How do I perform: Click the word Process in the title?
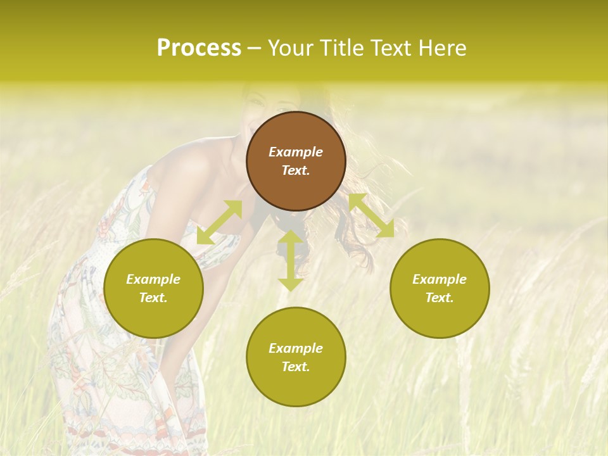[199, 48]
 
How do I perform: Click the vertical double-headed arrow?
[291, 260]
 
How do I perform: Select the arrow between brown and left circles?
[220, 222]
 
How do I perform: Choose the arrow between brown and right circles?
[371, 215]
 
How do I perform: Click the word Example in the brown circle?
[296, 152]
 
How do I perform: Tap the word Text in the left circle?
[153, 298]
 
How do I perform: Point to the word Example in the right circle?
[440, 279]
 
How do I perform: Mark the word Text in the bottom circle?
[296, 367]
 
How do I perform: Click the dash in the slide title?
[255, 48]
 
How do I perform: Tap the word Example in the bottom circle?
[296, 348]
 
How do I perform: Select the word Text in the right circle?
[440, 298]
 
